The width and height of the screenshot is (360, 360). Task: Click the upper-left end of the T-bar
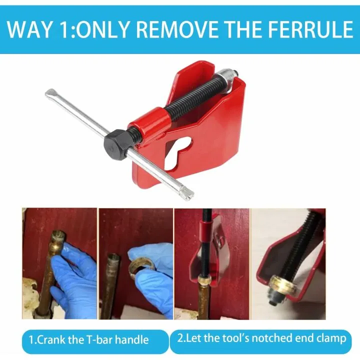tap(51, 93)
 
